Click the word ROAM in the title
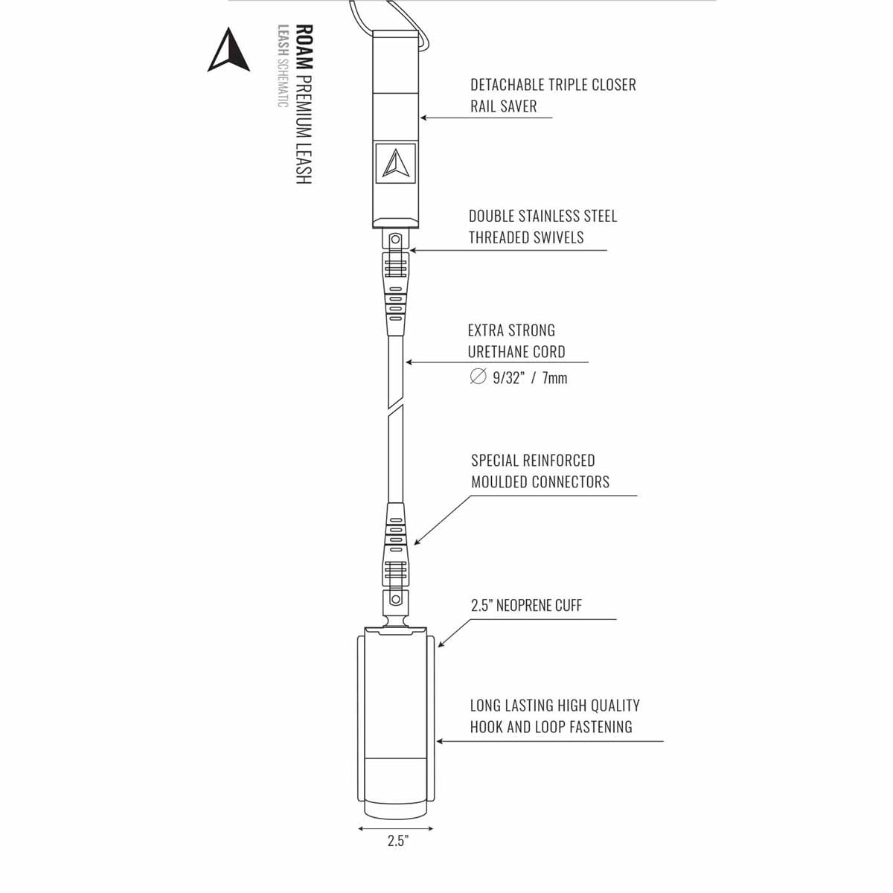pos(304,47)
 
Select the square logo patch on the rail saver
pos(395,163)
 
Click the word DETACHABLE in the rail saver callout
pos(508,85)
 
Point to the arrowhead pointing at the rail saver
pos(423,118)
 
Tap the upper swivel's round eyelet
pos(395,240)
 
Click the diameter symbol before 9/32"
pos(478,377)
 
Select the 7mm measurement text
pos(554,378)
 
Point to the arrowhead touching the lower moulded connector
pos(417,541)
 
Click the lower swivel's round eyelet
pos(395,599)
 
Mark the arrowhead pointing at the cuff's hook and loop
pos(440,741)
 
